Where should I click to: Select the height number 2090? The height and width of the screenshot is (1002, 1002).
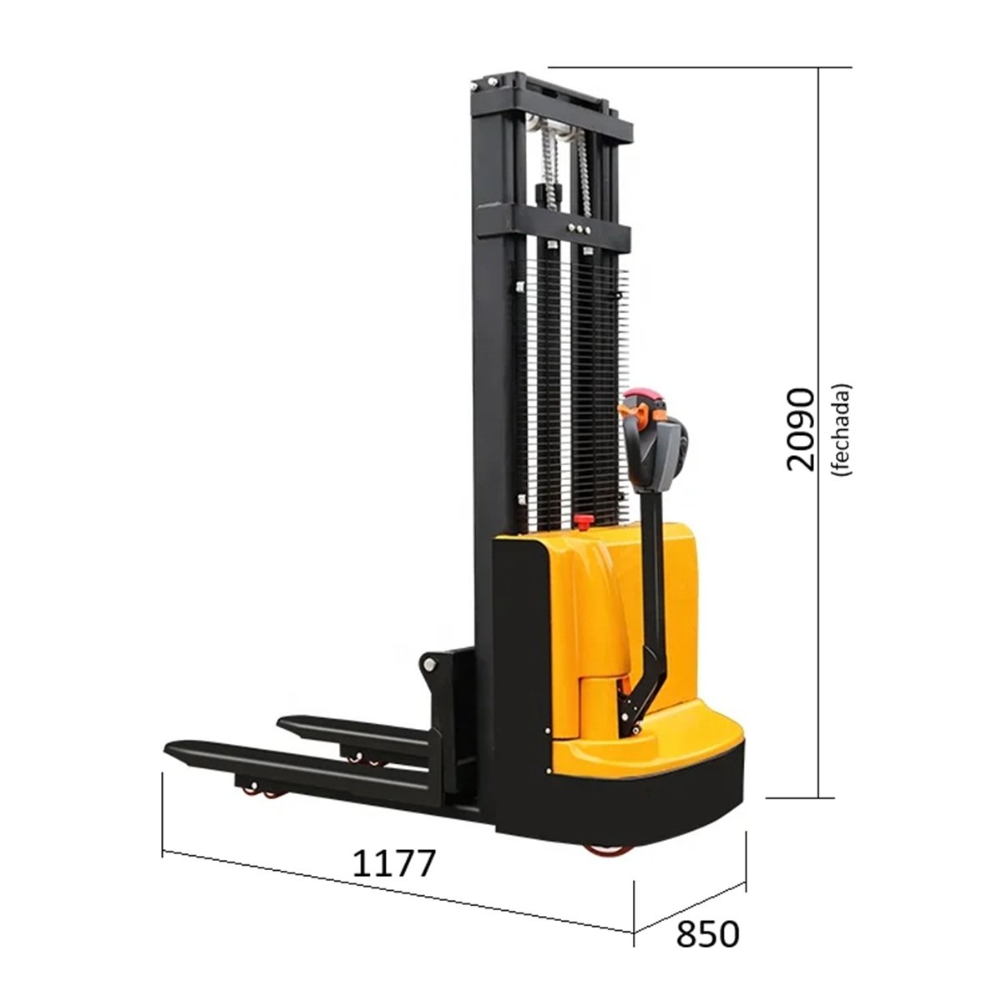[799, 429]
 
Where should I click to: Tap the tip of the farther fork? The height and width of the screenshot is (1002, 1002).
[281, 722]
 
